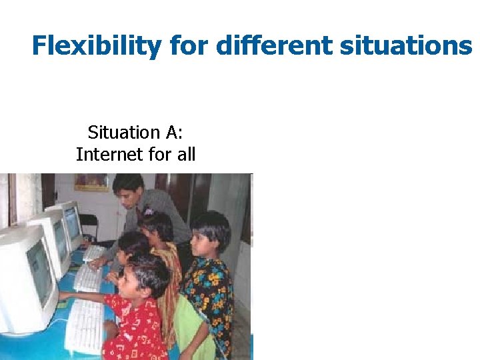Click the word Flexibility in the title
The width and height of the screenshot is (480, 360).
[x=97, y=46]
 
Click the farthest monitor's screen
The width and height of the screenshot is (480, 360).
[x=72, y=223]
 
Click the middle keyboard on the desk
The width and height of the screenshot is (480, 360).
[x=88, y=278]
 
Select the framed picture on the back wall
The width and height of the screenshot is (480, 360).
[x=91, y=182]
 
